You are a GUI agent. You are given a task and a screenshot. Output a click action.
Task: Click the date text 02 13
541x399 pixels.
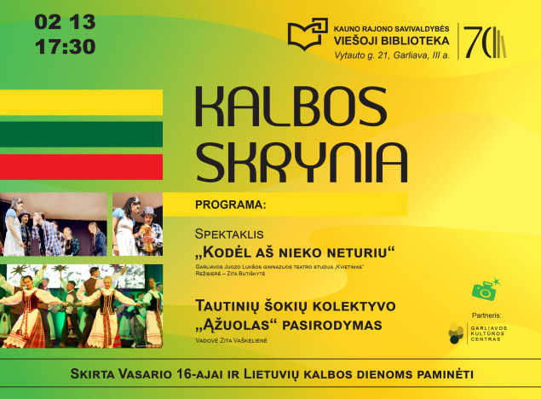pos(66,20)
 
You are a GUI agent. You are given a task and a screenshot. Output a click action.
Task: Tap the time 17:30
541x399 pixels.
pos(66,46)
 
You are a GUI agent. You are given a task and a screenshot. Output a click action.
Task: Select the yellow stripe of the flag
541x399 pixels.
pos(81,102)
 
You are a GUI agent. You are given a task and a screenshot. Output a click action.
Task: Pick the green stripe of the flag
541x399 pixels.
pos(81,134)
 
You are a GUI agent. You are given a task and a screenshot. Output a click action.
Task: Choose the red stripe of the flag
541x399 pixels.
pos(81,166)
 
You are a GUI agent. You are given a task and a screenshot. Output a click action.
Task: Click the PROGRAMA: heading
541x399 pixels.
pos(230,205)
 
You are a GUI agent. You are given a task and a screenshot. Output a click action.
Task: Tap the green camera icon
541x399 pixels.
pos(484,292)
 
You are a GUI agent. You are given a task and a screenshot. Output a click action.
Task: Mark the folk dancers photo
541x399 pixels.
pos(82,306)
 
